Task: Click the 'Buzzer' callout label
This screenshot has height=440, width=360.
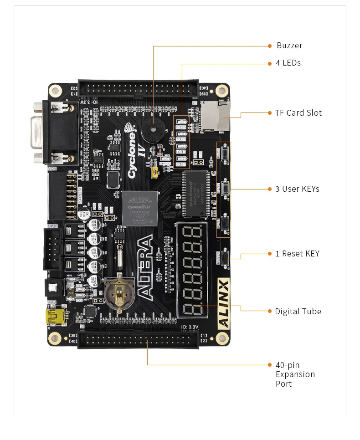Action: [289, 46]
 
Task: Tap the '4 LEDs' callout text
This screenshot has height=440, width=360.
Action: [288, 63]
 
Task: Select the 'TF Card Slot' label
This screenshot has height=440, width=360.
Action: [298, 113]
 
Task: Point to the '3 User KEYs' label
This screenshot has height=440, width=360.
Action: [297, 189]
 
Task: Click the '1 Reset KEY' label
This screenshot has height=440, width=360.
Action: [297, 254]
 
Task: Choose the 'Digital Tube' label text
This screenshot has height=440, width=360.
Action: [298, 312]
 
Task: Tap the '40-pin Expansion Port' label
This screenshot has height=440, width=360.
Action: [295, 374]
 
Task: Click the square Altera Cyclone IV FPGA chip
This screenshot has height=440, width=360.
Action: [139, 209]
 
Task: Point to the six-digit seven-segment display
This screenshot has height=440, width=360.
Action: [192, 271]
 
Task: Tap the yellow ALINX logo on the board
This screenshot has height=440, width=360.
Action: [224, 303]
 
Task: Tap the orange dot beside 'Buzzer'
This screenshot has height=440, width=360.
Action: [269, 46]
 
